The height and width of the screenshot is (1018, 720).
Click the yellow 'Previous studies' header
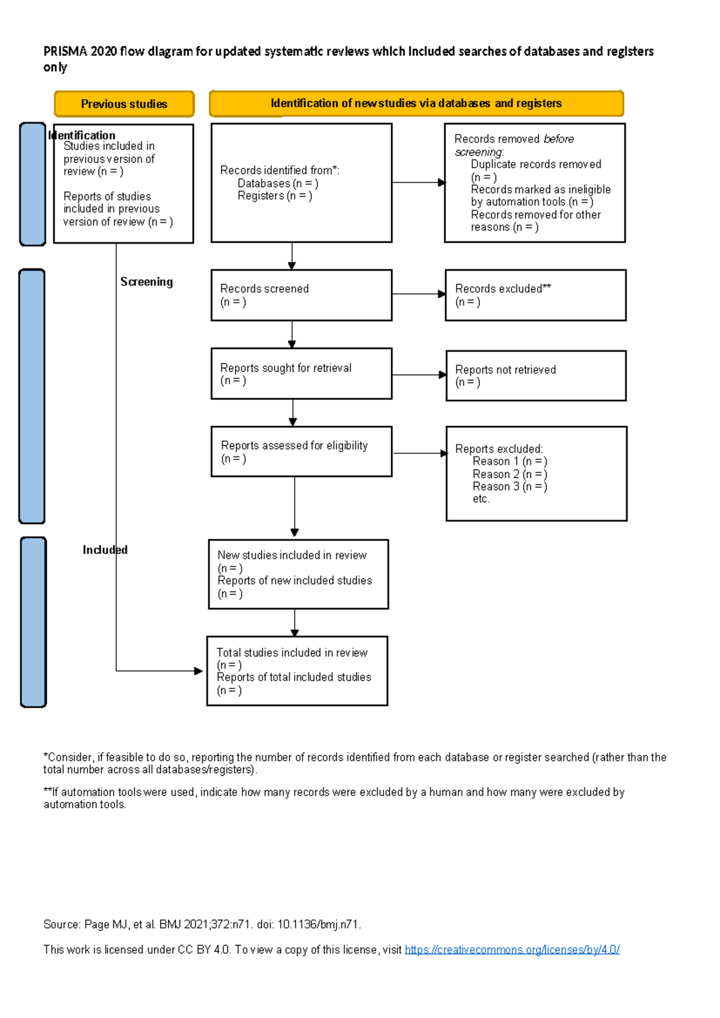click(124, 104)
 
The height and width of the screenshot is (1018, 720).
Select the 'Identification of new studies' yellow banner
click(416, 103)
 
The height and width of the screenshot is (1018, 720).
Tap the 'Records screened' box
click(301, 295)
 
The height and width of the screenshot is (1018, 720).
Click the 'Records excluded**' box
click(535, 295)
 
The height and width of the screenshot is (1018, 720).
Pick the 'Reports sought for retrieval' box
click(301, 373)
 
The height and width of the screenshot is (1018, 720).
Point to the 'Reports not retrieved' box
click(536, 376)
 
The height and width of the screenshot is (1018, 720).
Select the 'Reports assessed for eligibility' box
click(301, 451)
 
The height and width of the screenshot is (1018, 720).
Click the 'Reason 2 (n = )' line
click(509, 474)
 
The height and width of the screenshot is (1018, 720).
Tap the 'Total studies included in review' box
click(297, 670)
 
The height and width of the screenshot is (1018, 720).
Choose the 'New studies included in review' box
click(298, 574)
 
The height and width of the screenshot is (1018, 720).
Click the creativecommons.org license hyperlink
click(512, 950)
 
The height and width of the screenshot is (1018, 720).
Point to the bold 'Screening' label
click(146, 282)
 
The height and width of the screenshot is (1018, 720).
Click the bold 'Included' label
click(105, 550)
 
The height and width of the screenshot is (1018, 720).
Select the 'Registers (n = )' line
click(274, 196)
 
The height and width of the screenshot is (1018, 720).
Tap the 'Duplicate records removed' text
click(536, 164)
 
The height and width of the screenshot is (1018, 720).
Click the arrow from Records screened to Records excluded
click(418, 294)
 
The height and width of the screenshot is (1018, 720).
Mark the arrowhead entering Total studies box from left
click(199, 670)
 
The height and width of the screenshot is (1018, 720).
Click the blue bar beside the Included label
click(33, 622)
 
